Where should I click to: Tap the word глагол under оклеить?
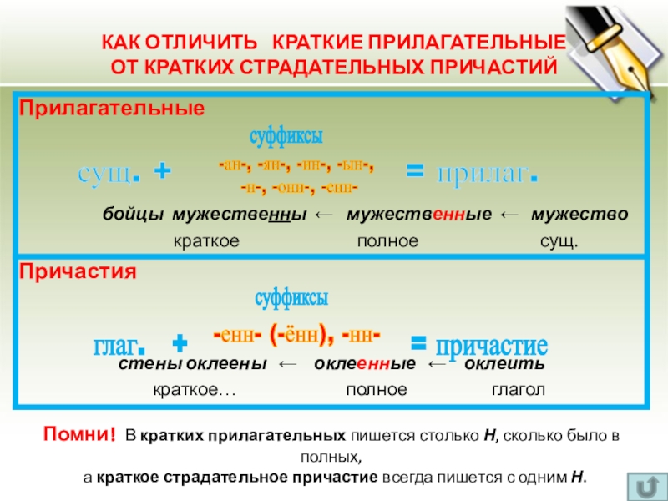[518, 390]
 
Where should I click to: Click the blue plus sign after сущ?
[164, 173]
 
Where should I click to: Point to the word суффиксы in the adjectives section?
[286, 136]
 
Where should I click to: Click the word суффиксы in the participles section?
[291, 296]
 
